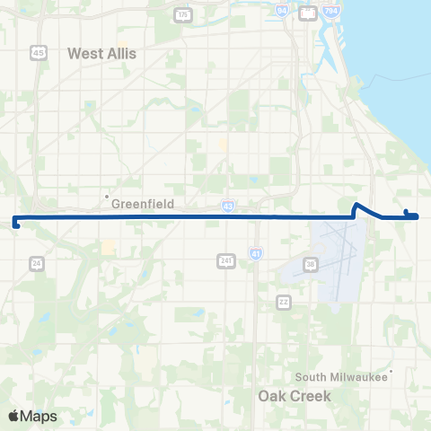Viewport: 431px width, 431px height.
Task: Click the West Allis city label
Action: coord(102,53)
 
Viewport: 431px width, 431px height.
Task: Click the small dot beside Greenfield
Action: coord(107,196)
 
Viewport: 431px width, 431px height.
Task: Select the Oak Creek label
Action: coord(295,395)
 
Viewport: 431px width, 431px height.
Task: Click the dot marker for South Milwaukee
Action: coord(392,370)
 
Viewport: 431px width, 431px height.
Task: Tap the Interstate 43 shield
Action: coord(229,206)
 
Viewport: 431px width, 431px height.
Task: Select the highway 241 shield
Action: coord(226,260)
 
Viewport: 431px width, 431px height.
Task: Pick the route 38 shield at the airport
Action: coord(311,264)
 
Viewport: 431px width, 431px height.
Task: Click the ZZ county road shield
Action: coord(284,301)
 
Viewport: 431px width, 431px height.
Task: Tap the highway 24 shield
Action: coord(36,263)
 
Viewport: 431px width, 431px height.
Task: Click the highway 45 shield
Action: coord(40,52)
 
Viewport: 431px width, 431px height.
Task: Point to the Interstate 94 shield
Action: coord(282,12)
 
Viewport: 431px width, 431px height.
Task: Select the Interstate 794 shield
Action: coord(331,12)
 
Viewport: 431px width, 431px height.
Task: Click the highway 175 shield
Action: coord(183,15)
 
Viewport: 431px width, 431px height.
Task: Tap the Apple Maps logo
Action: coord(32,416)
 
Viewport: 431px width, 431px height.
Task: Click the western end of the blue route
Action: coord(15,224)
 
